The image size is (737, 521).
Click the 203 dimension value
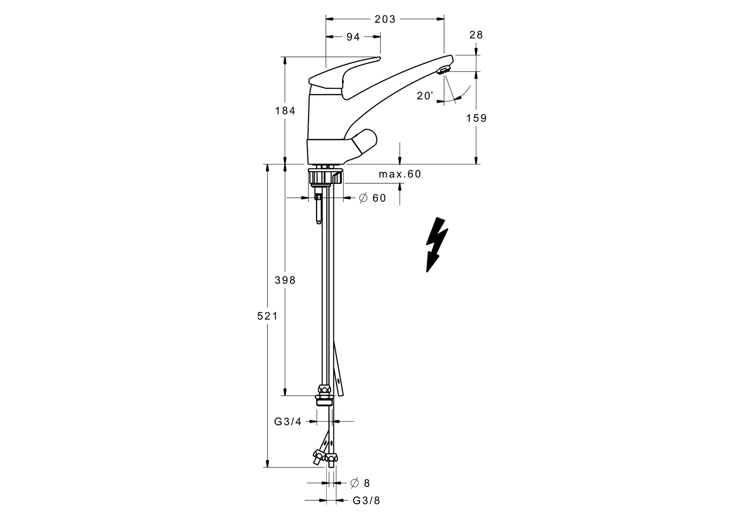(385, 19)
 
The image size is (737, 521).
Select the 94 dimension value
(353, 37)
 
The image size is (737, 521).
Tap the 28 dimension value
(476, 35)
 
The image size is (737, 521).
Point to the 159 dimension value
(477, 118)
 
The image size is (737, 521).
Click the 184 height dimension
(285, 110)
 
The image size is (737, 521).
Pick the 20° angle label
(425, 96)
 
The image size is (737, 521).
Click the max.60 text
(400, 174)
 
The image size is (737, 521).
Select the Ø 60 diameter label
(373, 198)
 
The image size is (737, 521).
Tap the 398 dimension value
(285, 280)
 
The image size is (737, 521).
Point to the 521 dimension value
(267, 316)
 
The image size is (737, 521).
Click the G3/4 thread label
(288, 422)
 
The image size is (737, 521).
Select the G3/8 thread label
(366, 501)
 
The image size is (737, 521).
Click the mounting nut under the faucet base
(325, 176)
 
